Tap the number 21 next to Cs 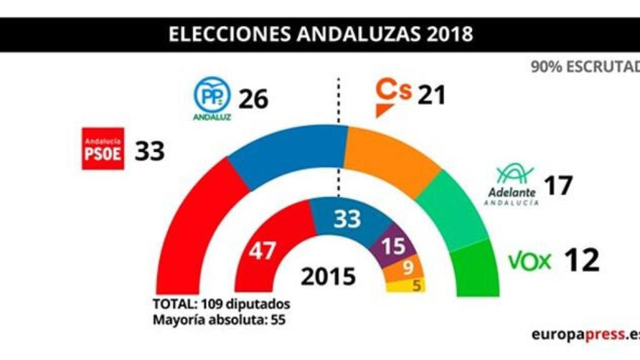432,95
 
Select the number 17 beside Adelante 558,186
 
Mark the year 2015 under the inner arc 328,277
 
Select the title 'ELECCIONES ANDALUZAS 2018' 321,34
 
